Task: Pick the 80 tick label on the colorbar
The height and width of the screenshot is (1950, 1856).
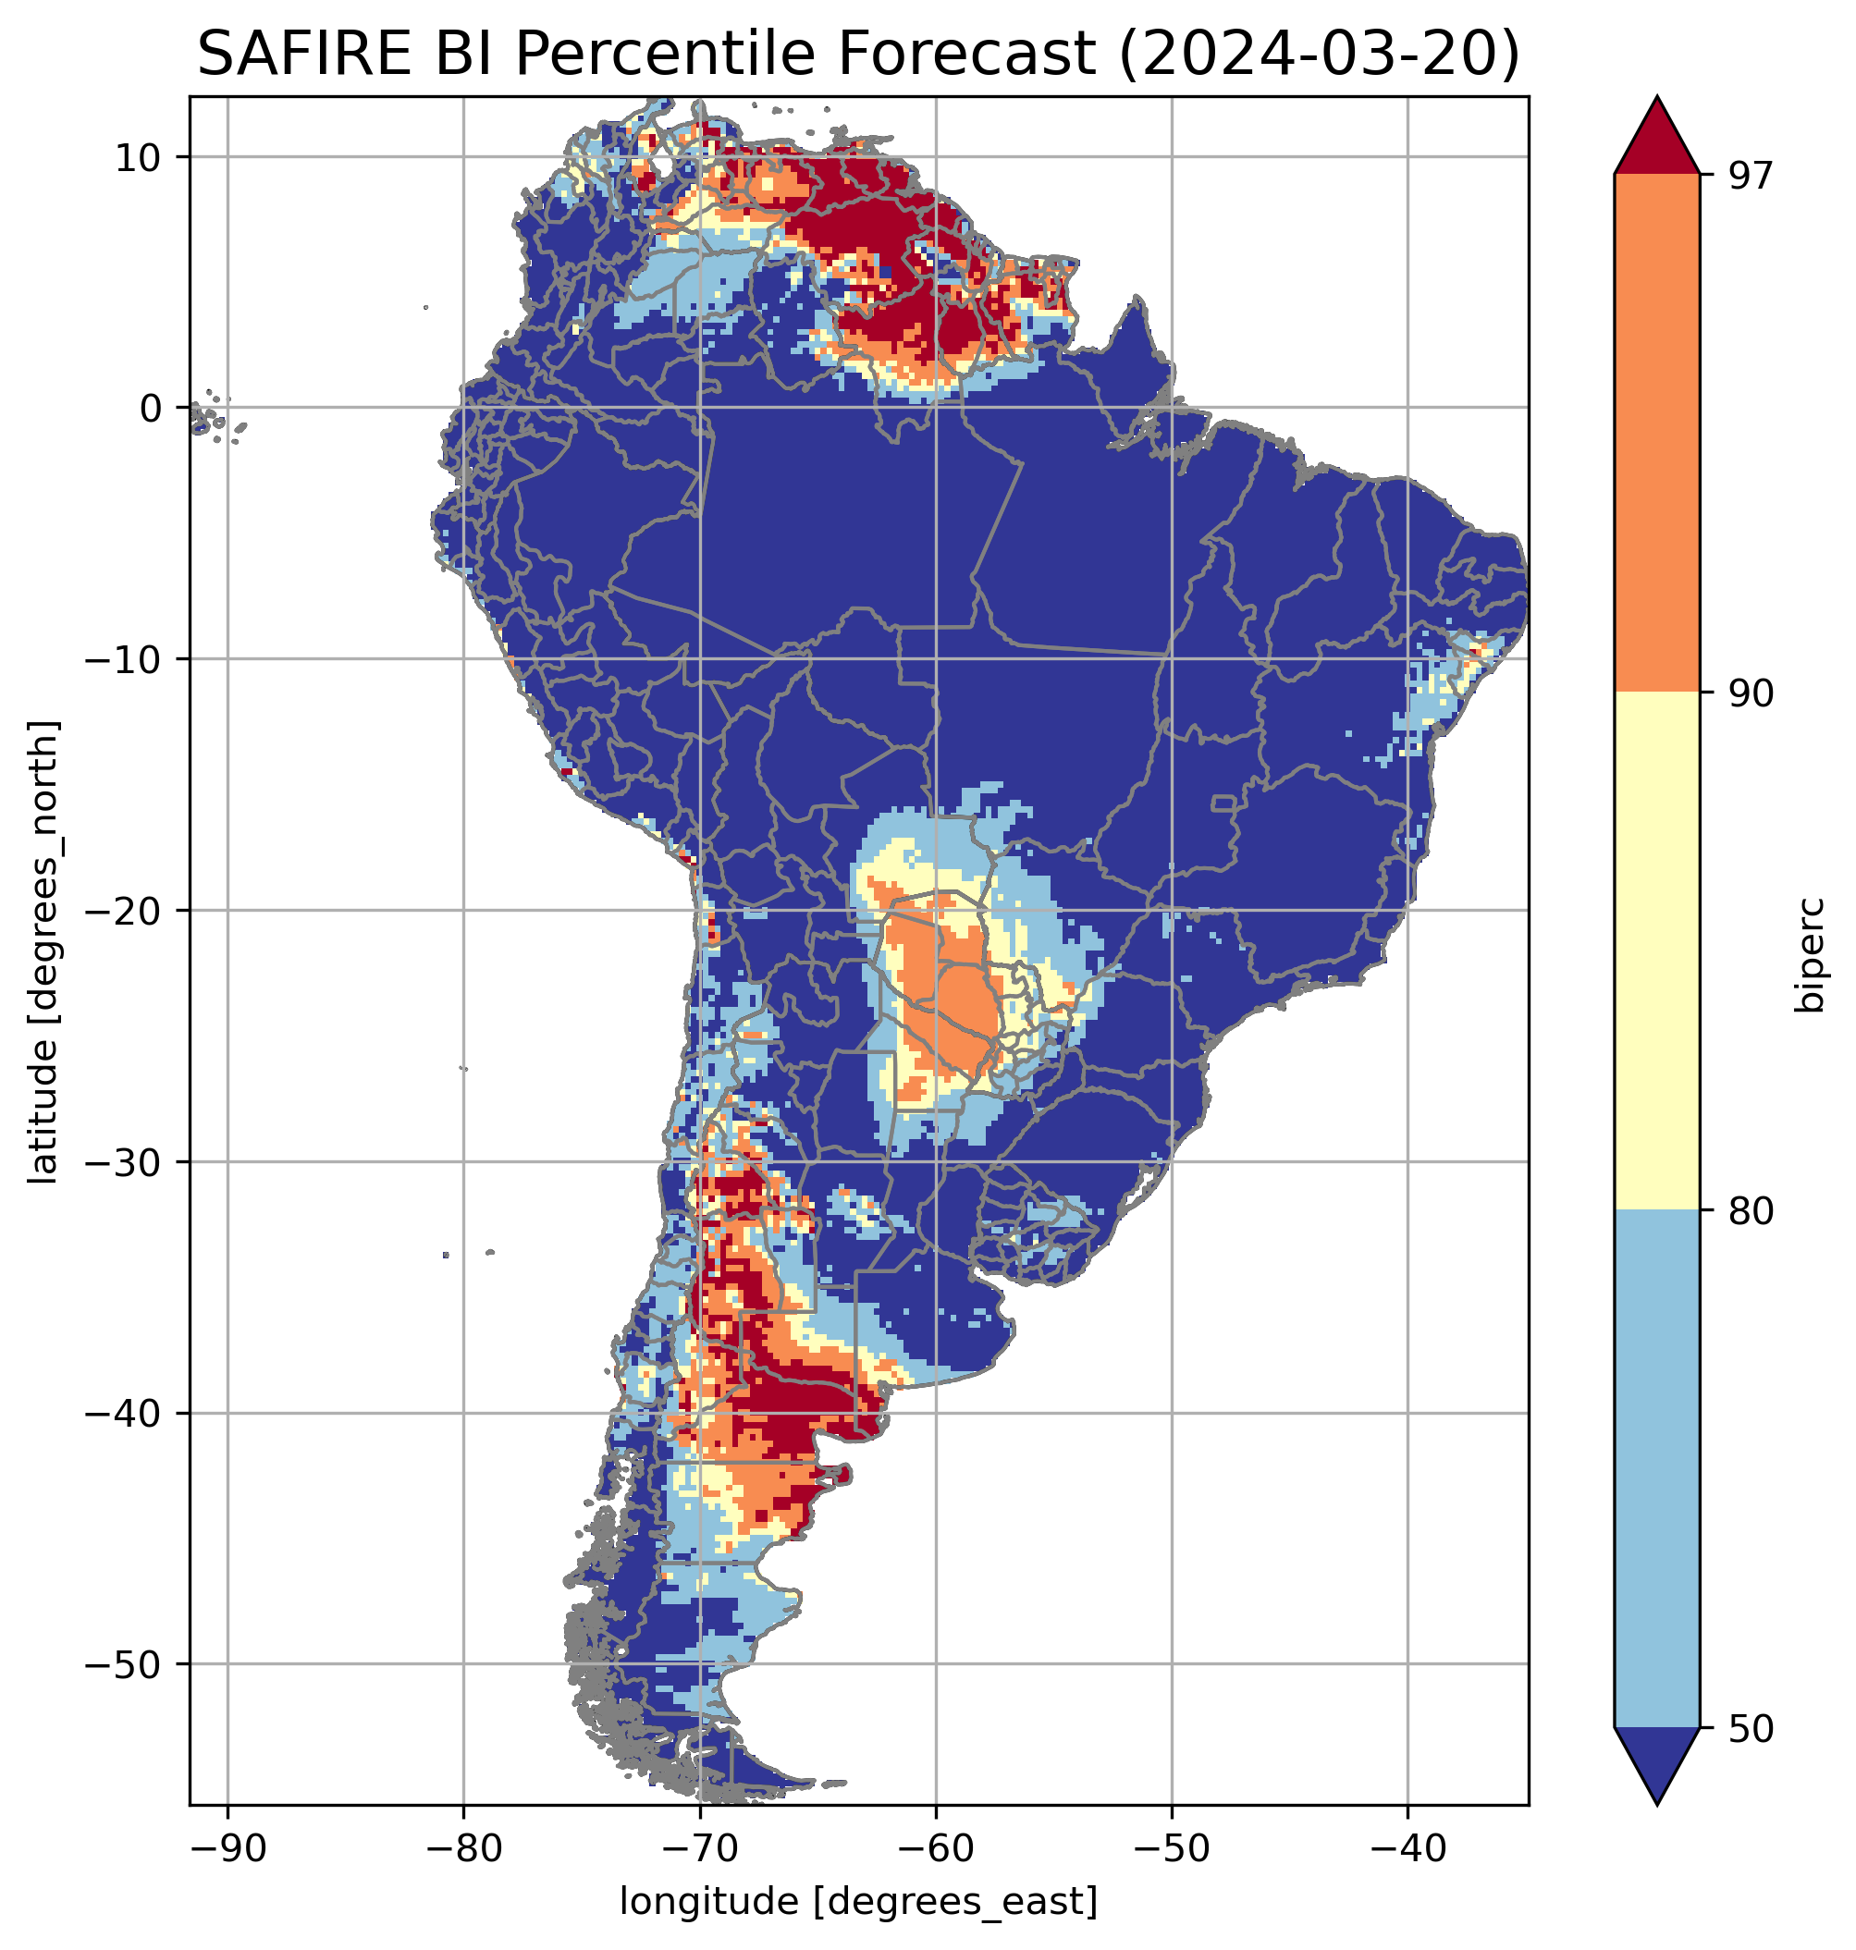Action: [1751, 1212]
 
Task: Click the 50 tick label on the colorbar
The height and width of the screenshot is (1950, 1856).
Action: [1751, 1730]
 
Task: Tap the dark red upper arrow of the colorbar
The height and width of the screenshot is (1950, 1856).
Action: [1656, 139]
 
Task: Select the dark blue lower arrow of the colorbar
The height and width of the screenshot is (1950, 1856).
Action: [1656, 1763]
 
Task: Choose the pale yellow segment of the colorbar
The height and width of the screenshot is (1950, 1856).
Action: [1656, 950]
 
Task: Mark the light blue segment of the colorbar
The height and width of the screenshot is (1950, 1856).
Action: [1656, 1469]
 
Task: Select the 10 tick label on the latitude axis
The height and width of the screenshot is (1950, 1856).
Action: [139, 157]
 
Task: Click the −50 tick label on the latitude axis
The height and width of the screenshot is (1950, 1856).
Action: [125, 1665]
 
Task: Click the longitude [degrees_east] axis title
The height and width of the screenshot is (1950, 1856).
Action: [859, 1900]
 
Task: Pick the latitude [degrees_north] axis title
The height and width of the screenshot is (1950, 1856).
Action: [43, 951]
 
